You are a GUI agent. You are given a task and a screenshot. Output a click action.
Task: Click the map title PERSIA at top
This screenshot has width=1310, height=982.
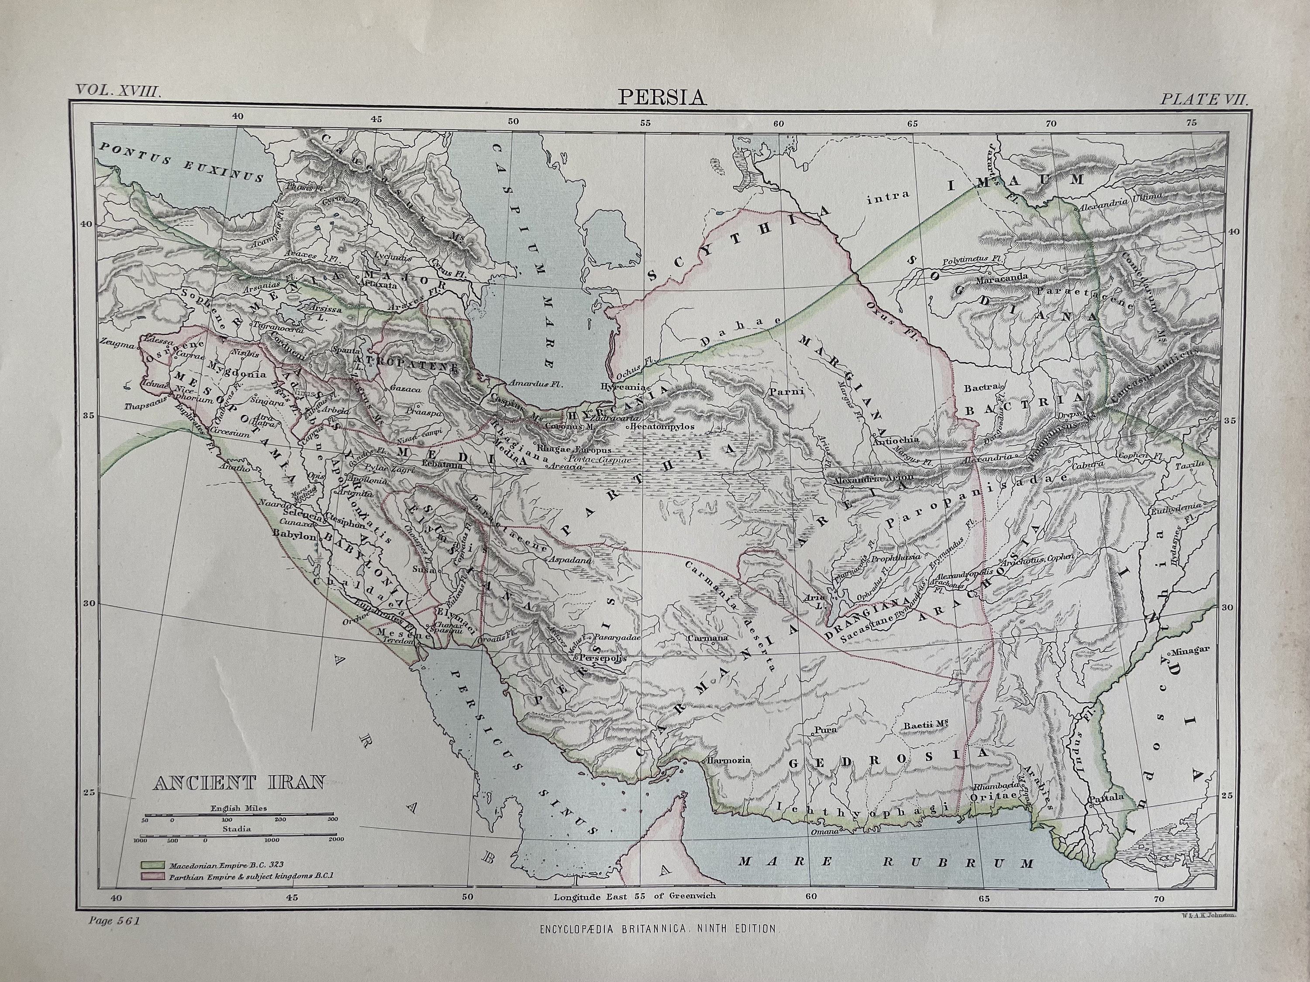point(662,96)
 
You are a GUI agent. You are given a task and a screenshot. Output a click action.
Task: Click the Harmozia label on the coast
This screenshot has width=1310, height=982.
point(728,760)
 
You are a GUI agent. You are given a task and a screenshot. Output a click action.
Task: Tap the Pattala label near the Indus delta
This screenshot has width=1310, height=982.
point(1106,797)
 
